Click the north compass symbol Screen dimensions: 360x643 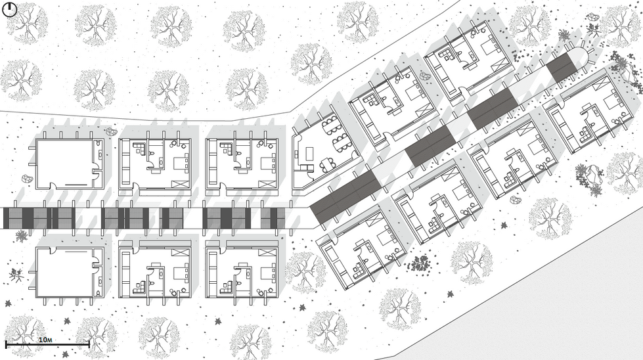[x=10, y=9]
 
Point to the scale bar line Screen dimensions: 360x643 [x=47, y=344]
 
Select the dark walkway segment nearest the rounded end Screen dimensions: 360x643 [x=562, y=68]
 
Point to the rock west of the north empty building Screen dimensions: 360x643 [x=26, y=179]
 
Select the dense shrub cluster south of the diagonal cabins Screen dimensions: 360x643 [x=418, y=264]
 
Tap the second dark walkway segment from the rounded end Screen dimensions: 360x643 [x=491, y=108]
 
